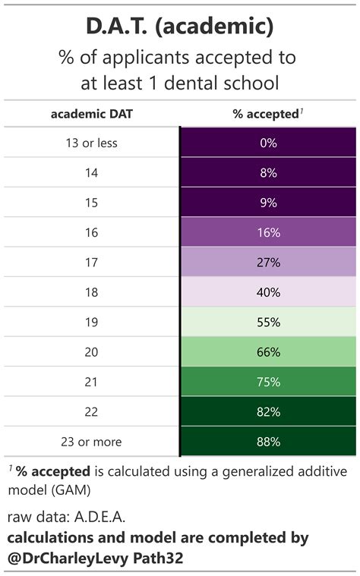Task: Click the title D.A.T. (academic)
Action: click(x=180, y=28)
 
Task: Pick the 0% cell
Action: click(x=268, y=143)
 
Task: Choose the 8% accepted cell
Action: click(x=268, y=173)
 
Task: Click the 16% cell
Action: click(x=268, y=233)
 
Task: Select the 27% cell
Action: click(x=268, y=263)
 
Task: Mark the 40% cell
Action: click(x=268, y=292)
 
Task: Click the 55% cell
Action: click(x=268, y=323)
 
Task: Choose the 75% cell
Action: click(x=268, y=382)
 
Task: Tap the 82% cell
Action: click(x=268, y=412)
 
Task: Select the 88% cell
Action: click(x=268, y=442)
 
